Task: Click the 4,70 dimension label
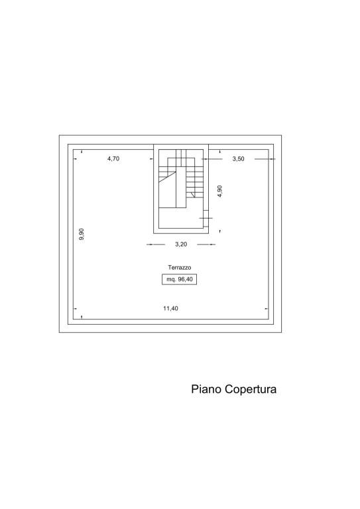[x=113, y=159]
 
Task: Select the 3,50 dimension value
[x=238, y=159]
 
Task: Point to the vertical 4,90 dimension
[x=219, y=191]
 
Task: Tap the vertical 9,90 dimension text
[x=81, y=234]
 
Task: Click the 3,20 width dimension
[x=181, y=244]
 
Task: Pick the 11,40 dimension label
[x=170, y=308]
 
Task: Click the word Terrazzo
[x=180, y=268]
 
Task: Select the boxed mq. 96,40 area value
[x=180, y=279]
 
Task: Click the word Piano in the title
[x=206, y=389]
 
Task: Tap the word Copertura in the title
[x=251, y=389]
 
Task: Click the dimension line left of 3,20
[x=156, y=245]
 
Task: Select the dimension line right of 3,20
[x=206, y=245]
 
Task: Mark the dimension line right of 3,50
[x=265, y=159]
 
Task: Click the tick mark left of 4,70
[x=76, y=159]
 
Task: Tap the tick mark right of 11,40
[x=267, y=309]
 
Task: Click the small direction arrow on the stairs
[x=194, y=195]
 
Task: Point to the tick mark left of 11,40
[x=76, y=309]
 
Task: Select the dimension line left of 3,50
[x=212, y=159]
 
